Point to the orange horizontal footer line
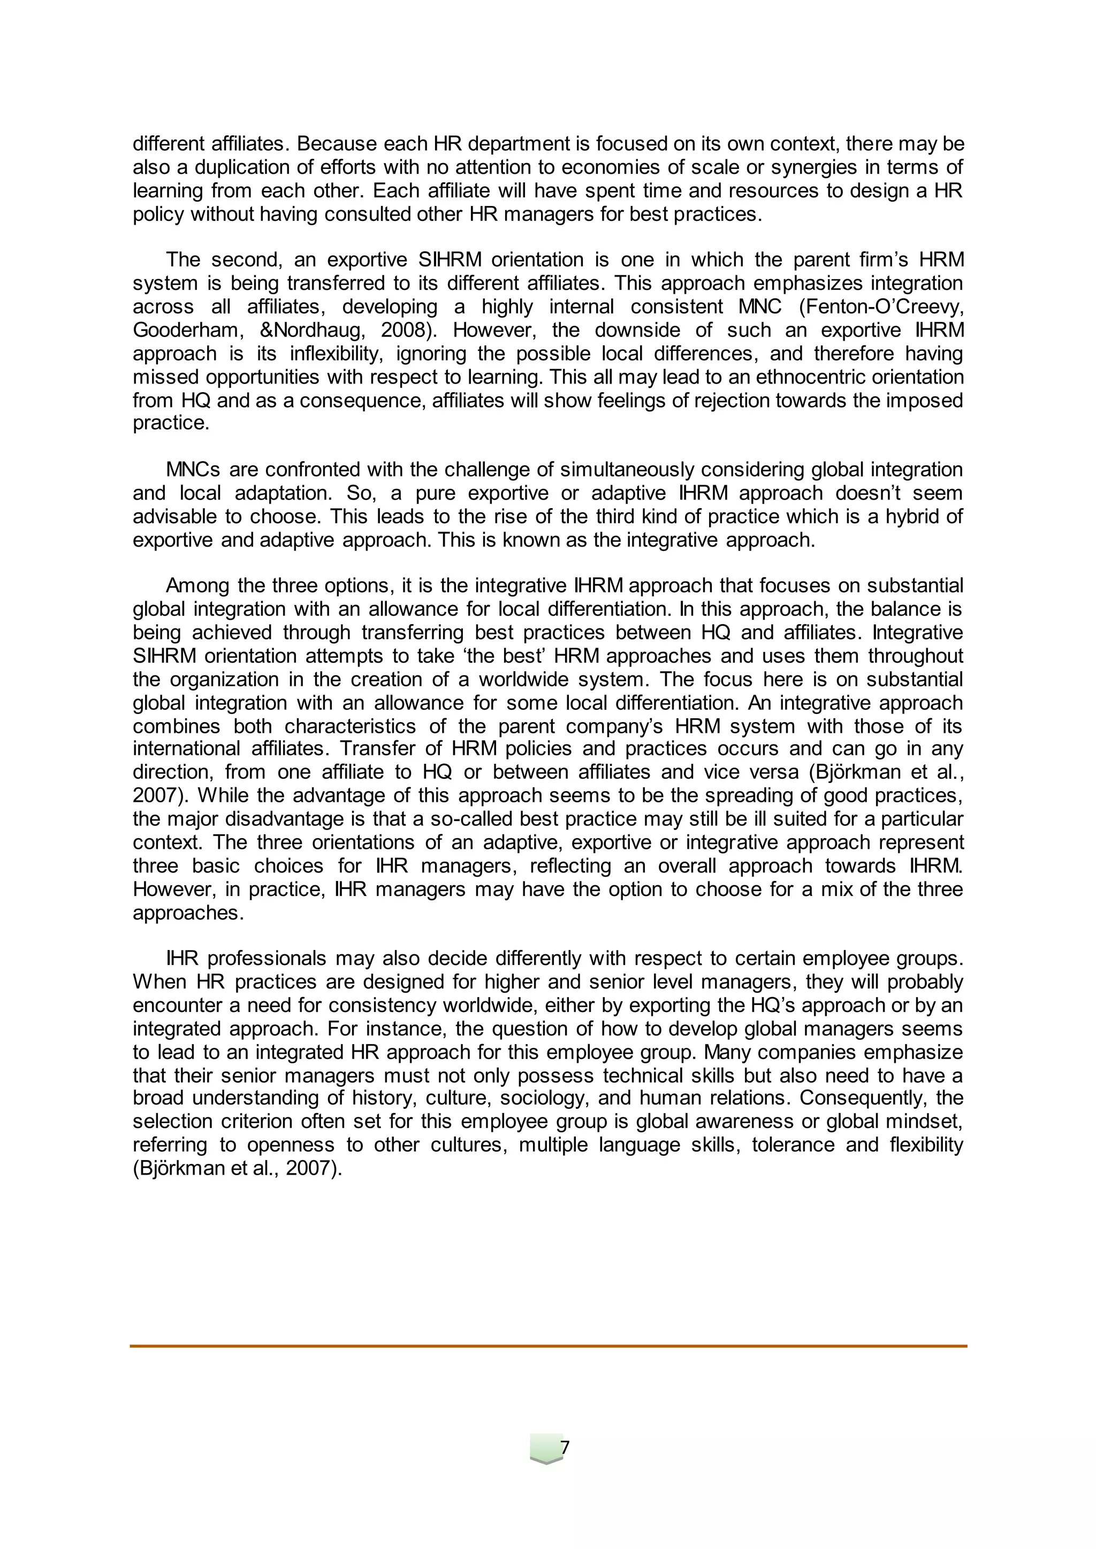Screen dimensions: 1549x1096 coord(548,1346)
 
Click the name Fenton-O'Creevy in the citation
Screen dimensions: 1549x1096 coord(881,307)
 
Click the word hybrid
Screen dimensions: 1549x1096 coord(912,517)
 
